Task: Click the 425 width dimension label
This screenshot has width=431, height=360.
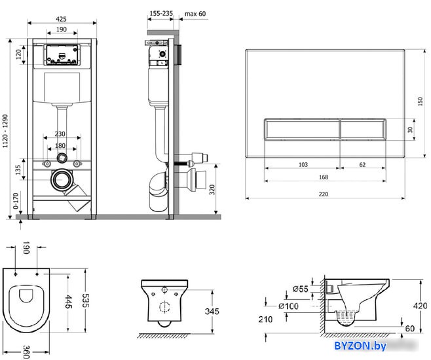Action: coord(61,19)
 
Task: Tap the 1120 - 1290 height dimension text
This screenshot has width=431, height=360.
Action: coord(5,131)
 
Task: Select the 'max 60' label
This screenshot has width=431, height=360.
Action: coord(195,14)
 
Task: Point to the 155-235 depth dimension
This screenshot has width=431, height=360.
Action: coord(161,13)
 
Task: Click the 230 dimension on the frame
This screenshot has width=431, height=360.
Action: coord(60,134)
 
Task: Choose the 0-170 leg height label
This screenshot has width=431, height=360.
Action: coord(16,201)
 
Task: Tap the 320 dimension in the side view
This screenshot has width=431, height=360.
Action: coord(212,189)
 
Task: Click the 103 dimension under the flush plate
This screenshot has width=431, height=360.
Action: coord(303,164)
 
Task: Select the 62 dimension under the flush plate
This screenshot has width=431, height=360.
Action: coord(362,164)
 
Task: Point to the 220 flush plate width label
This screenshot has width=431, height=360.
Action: coord(324,194)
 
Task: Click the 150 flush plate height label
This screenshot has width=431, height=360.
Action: coord(420,101)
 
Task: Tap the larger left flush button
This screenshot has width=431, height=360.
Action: coord(302,130)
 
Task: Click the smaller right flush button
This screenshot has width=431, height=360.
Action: coord(363,130)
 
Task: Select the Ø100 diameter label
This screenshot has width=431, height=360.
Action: coord(288,306)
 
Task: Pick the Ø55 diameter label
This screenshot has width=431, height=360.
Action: coord(301,289)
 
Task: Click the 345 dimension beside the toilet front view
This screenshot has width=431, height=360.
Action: coord(212,311)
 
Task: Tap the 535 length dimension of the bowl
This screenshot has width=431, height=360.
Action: coord(86,300)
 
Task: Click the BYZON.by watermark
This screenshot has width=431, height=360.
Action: coord(360,346)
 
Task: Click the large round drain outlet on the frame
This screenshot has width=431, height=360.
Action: coord(62,180)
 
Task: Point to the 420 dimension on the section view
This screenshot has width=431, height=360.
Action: coord(421,306)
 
